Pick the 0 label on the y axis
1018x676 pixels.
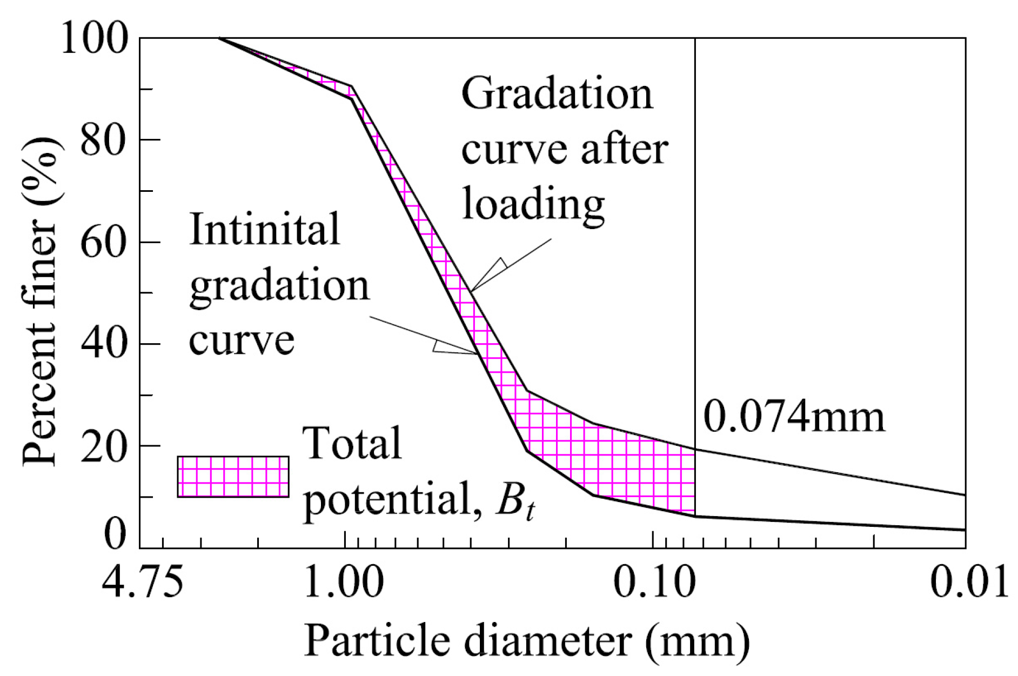115,535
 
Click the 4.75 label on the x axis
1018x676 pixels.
142,583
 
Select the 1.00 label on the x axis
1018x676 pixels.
344,583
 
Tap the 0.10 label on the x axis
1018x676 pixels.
654,583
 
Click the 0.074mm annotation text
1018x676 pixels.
794,418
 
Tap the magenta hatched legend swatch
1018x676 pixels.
233,477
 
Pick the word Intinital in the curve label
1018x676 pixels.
265,229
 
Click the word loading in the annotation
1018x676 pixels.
533,205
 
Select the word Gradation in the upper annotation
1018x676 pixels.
557,93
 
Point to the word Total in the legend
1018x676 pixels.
352,444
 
